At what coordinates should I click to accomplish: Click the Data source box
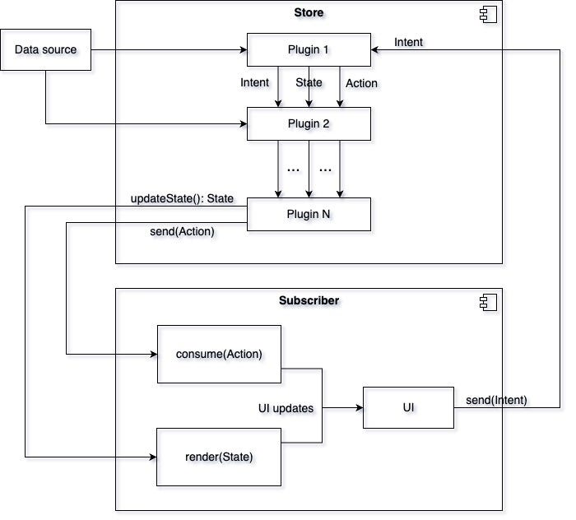[x=45, y=50]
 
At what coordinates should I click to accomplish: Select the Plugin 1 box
[x=309, y=50]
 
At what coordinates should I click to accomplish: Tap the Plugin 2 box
[x=309, y=123]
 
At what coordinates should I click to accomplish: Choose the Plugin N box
[x=309, y=214]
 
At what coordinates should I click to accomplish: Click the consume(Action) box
[x=219, y=355]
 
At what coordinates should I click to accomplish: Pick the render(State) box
[x=219, y=457]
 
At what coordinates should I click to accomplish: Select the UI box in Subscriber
[x=408, y=407]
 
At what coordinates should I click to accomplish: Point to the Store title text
[x=309, y=13]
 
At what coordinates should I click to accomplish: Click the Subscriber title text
[x=309, y=300]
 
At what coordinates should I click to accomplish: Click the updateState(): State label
[x=182, y=199]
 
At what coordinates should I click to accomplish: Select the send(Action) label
[x=182, y=232]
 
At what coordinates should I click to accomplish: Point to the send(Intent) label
[x=496, y=401]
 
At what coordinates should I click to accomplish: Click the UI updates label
[x=286, y=408]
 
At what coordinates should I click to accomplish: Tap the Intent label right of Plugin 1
[x=409, y=42]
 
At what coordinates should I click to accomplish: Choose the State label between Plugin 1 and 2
[x=309, y=82]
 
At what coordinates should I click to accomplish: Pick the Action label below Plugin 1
[x=361, y=83]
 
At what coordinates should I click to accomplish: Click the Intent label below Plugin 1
[x=254, y=82]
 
